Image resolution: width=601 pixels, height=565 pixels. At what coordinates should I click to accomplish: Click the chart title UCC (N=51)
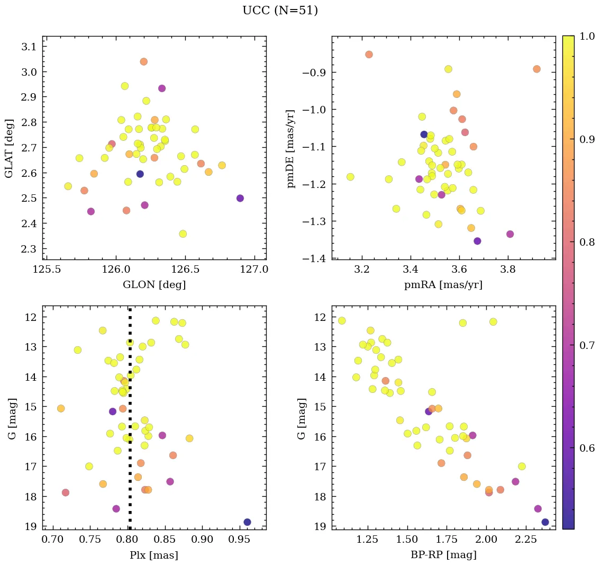(x=280, y=11)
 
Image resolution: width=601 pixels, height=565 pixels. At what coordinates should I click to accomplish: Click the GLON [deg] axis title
(x=154, y=285)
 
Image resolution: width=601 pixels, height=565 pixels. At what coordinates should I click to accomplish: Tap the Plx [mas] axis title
(x=154, y=555)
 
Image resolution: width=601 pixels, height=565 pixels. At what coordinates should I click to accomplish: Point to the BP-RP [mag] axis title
(x=443, y=555)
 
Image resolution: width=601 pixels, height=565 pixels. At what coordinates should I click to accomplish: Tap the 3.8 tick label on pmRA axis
(x=508, y=269)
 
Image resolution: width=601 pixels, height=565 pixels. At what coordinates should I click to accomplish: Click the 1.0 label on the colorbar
(x=587, y=36)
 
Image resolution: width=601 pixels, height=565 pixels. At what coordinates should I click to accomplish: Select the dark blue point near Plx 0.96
(x=247, y=522)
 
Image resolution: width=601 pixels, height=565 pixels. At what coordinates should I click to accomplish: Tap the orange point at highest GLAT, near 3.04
(x=143, y=62)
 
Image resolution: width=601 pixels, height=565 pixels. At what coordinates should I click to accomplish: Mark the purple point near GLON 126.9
(x=240, y=198)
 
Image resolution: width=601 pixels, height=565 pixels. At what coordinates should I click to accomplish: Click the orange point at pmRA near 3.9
(x=536, y=69)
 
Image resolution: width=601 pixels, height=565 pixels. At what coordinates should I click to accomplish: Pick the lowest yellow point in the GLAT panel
(x=183, y=234)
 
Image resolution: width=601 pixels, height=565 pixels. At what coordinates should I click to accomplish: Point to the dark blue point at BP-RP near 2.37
(x=545, y=522)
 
